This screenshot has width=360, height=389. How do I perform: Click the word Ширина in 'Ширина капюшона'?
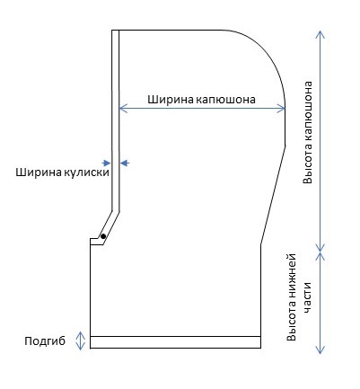tap(171, 100)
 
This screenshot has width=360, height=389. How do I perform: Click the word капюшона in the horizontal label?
tap(226, 100)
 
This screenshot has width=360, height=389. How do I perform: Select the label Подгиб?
tap(45, 341)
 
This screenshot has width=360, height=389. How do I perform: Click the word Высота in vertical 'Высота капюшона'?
tap(308, 166)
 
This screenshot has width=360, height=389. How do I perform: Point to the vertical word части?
tap(308, 297)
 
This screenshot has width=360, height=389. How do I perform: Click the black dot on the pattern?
tap(103, 236)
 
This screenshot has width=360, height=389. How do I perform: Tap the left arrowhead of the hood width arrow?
tap(123, 109)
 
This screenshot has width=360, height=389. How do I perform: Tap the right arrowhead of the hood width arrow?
tap(281, 109)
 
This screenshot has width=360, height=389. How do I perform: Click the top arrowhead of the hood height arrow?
tap(320, 34)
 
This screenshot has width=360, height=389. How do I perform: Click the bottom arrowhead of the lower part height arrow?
tap(320, 350)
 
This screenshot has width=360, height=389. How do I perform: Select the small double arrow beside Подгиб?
tap(80, 340)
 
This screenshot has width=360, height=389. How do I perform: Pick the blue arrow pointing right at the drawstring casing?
tap(106, 163)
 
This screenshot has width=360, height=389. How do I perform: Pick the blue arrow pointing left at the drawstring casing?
tap(125, 163)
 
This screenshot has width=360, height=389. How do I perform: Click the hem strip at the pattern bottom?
tap(175, 342)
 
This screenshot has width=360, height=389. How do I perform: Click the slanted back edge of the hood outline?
tap(273, 195)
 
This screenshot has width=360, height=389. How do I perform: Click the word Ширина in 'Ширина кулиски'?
tap(39, 172)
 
